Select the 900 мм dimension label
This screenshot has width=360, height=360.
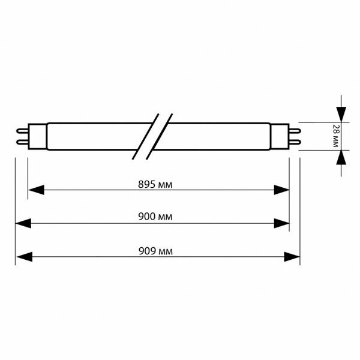tap(155, 217)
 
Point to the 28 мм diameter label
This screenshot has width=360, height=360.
tap(335, 136)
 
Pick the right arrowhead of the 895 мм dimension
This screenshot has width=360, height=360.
tap(281, 190)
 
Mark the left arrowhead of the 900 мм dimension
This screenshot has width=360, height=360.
tap(23, 224)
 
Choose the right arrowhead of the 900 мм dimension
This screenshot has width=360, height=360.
tap(281, 224)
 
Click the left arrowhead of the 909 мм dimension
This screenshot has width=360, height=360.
tap(23, 257)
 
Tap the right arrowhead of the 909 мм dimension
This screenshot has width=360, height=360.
tap(292, 257)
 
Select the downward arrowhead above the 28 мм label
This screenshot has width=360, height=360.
tap(341, 114)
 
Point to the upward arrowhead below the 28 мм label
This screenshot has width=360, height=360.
tap(341, 157)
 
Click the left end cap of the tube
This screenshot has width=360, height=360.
tap(37, 136)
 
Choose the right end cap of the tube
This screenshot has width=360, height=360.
tap(280, 136)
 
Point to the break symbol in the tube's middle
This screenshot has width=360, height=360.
tap(152, 136)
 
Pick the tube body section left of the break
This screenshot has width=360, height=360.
tap(96, 136)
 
